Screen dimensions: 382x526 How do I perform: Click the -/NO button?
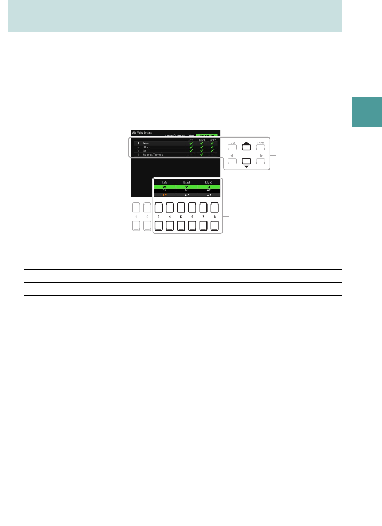[x=232, y=147]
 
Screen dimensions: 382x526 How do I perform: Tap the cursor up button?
[x=246, y=147]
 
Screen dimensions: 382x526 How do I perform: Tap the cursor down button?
[x=246, y=161]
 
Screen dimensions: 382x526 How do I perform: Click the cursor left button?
[x=232, y=161]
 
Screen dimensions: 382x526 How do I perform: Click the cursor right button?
[x=260, y=161]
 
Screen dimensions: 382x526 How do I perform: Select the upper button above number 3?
[x=158, y=208]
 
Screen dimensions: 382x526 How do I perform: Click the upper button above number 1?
[x=136, y=208]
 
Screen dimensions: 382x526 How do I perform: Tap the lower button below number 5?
[x=181, y=226]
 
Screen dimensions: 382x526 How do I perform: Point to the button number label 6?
[x=192, y=217]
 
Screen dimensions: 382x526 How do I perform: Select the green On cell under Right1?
[x=187, y=187]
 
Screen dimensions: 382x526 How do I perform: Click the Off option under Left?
[x=164, y=191]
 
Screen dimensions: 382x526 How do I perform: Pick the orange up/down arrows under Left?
[x=164, y=195]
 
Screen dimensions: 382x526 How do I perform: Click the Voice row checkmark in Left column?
[x=191, y=143]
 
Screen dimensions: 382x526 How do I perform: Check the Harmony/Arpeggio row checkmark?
[x=201, y=155]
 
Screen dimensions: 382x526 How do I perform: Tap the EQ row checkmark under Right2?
[x=212, y=151]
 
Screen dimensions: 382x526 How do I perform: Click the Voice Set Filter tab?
[x=207, y=135]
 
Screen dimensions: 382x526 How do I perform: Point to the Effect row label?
[x=146, y=147]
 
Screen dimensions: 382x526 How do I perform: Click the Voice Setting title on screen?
[x=144, y=133]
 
